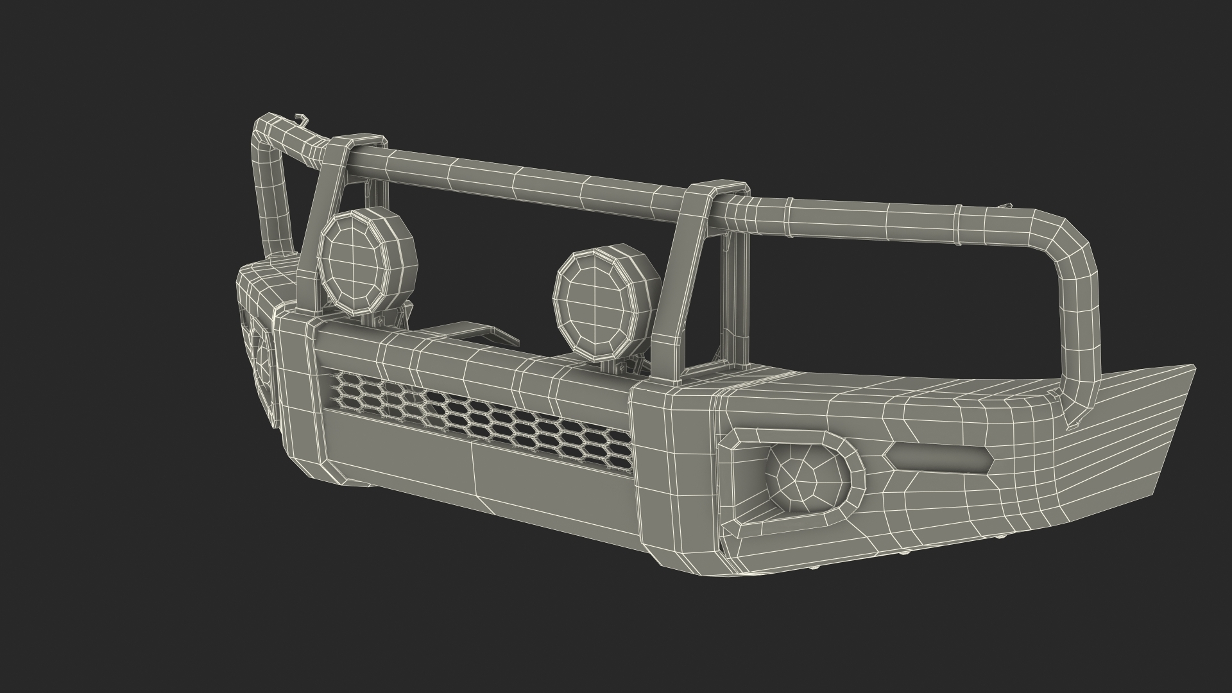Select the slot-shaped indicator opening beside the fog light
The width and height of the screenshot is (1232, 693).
tap(938, 457)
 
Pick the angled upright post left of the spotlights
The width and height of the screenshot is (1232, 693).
tap(314, 237)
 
